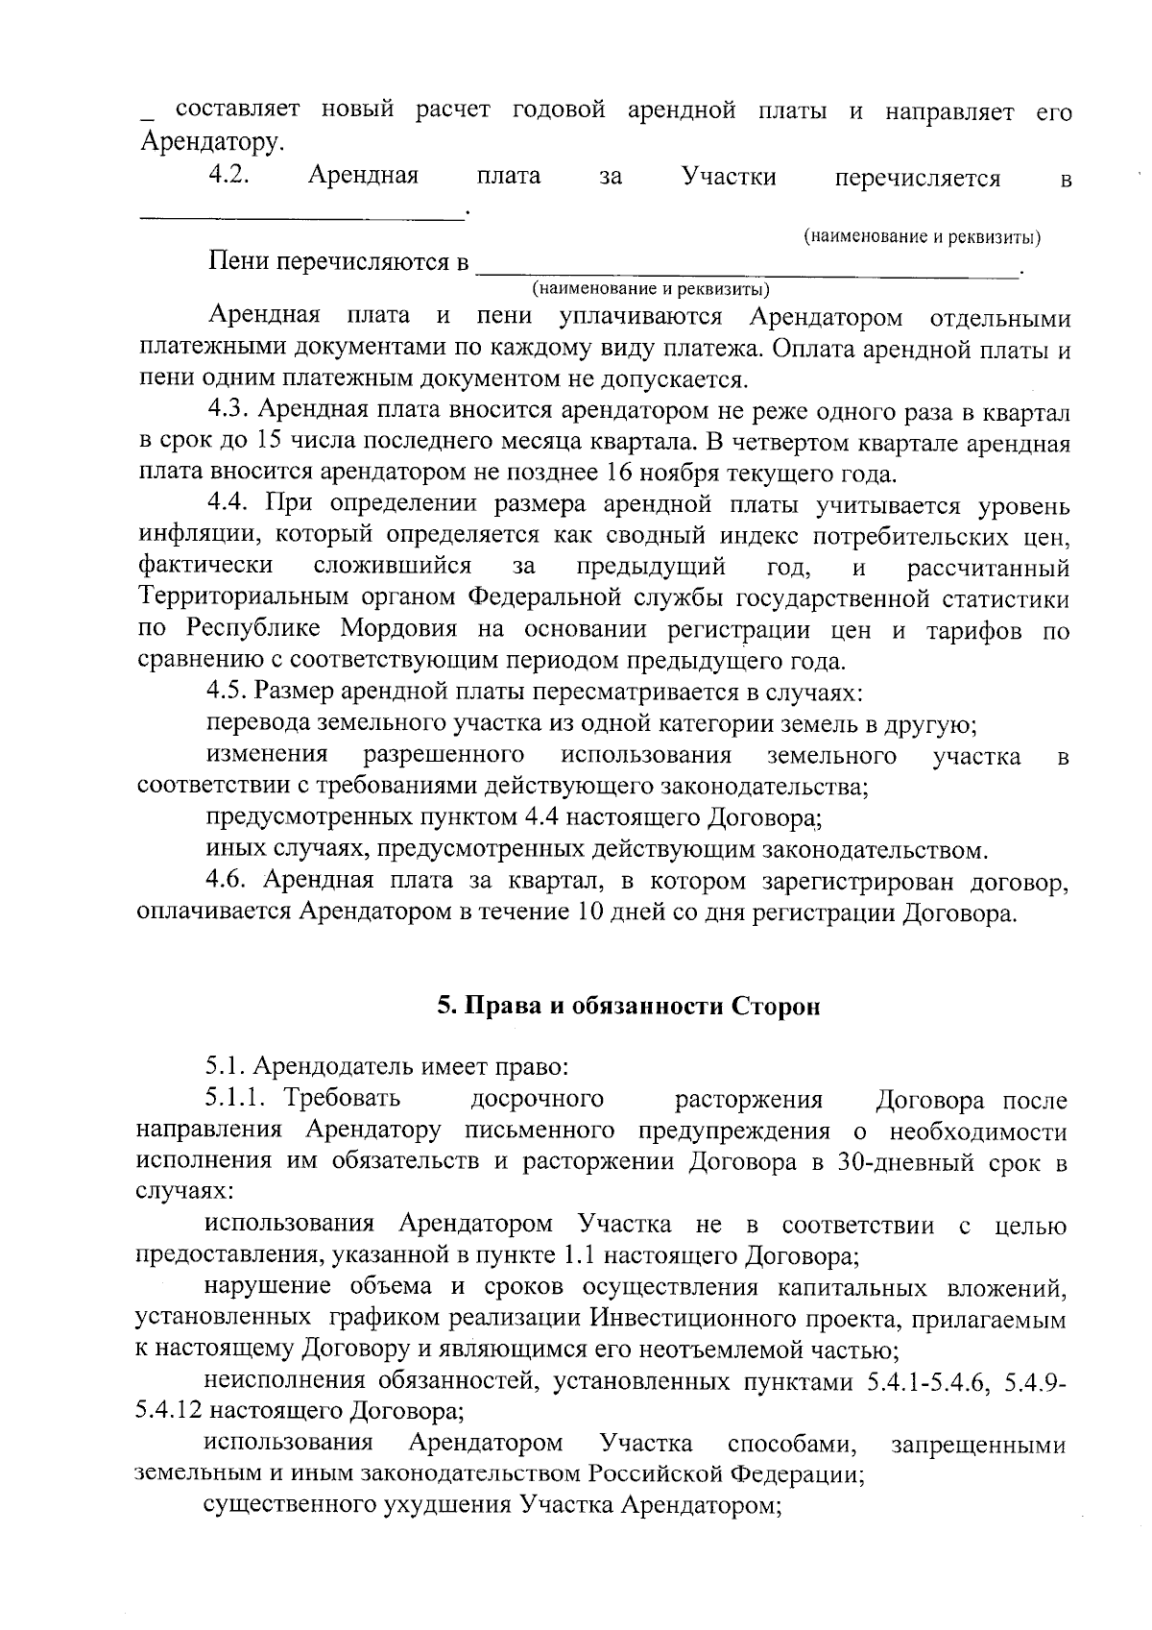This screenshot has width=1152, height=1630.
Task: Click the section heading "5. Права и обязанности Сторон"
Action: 629,1006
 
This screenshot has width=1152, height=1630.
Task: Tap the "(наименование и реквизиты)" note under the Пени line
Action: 653,288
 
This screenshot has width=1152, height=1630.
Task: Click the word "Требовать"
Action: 344,1098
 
